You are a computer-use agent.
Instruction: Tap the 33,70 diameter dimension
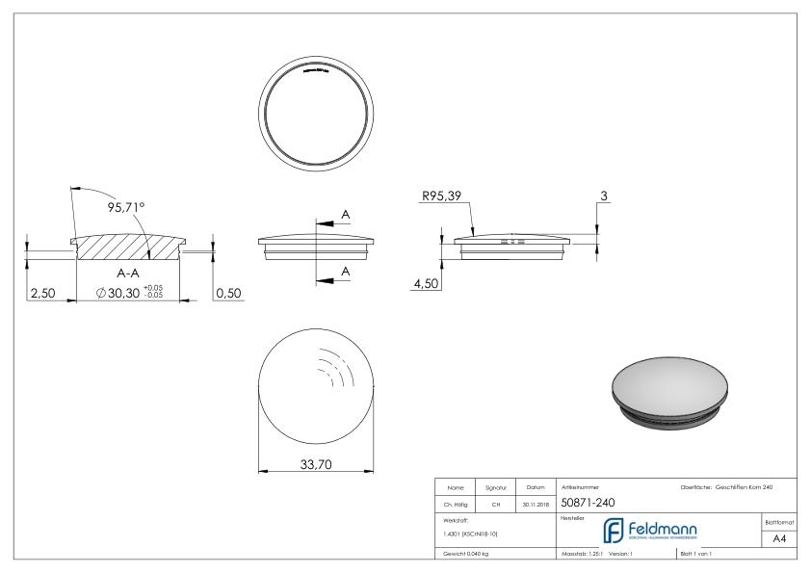click(316, 464)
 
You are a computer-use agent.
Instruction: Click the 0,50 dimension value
click(227, 293)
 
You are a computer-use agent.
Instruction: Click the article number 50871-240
click(589, 502)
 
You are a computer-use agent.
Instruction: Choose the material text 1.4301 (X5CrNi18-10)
click(469, 533)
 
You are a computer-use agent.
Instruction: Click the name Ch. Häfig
click(457, 503)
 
